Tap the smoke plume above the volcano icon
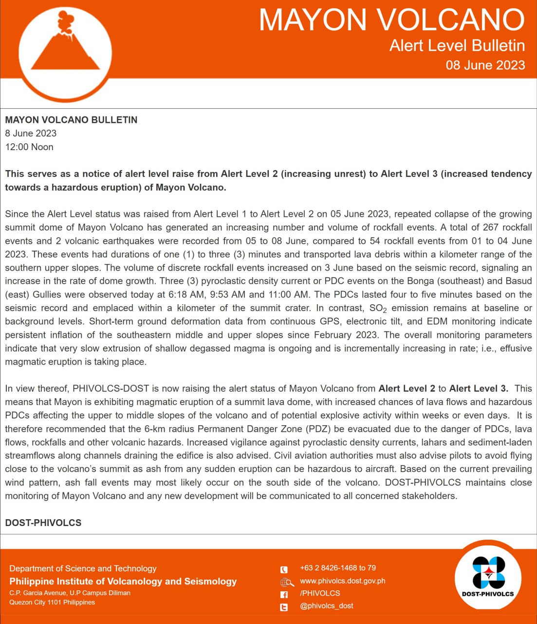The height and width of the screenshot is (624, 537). click(65, 22)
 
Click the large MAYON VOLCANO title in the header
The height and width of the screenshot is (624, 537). click(391, 20)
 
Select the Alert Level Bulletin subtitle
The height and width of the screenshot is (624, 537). click(457, 45)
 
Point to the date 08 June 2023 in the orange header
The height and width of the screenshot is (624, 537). click(485, 65)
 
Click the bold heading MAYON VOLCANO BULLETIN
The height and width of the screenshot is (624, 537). click(71, 120)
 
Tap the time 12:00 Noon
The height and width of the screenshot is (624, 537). click(29, 147)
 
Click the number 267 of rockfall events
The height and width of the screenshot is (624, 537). click(491, 227)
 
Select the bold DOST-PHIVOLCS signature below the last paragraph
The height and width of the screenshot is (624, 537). click(43, 523)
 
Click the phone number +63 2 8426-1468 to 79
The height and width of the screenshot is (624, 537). click(338, 568)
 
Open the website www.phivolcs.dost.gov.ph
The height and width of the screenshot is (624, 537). click(342, 581)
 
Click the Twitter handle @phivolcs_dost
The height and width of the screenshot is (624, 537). click(327, 606)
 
